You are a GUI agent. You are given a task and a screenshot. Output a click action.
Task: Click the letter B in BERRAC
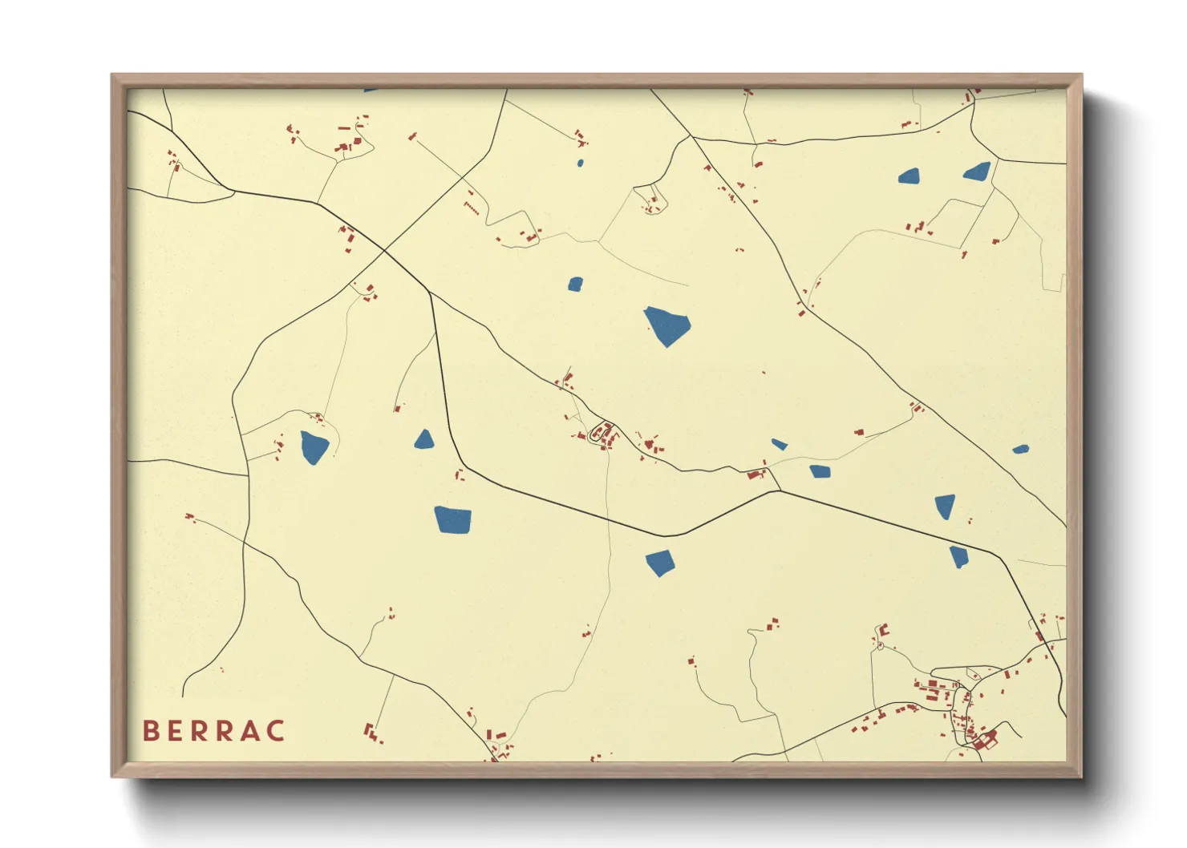click(150, 731)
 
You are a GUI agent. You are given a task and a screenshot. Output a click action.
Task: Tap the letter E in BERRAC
click(175, 731)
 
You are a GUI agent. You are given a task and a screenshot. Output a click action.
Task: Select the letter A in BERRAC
click(249, 731)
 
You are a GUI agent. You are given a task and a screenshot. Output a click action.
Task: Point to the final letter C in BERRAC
click(276, 731)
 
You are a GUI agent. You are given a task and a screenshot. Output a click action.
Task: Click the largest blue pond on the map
click(666, 325)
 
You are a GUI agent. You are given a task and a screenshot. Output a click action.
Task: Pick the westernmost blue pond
click(314, 446)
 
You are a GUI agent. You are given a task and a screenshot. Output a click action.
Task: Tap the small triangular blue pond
click(424, 439)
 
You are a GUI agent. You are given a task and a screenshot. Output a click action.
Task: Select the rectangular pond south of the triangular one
click(453, 519)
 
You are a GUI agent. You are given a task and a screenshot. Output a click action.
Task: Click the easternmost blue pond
click(1020, 450)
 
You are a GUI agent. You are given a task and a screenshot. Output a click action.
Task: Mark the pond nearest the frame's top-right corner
click(977, 171)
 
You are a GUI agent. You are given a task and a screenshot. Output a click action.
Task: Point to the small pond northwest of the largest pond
click(575, 284)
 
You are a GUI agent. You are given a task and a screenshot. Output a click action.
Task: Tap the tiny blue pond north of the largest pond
click(580, 164)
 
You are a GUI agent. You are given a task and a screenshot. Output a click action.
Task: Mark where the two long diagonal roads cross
click(384, 251)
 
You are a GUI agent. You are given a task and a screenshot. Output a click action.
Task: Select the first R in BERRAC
click(200, 731)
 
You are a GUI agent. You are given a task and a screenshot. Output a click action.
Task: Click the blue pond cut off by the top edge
click(370, 91)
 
